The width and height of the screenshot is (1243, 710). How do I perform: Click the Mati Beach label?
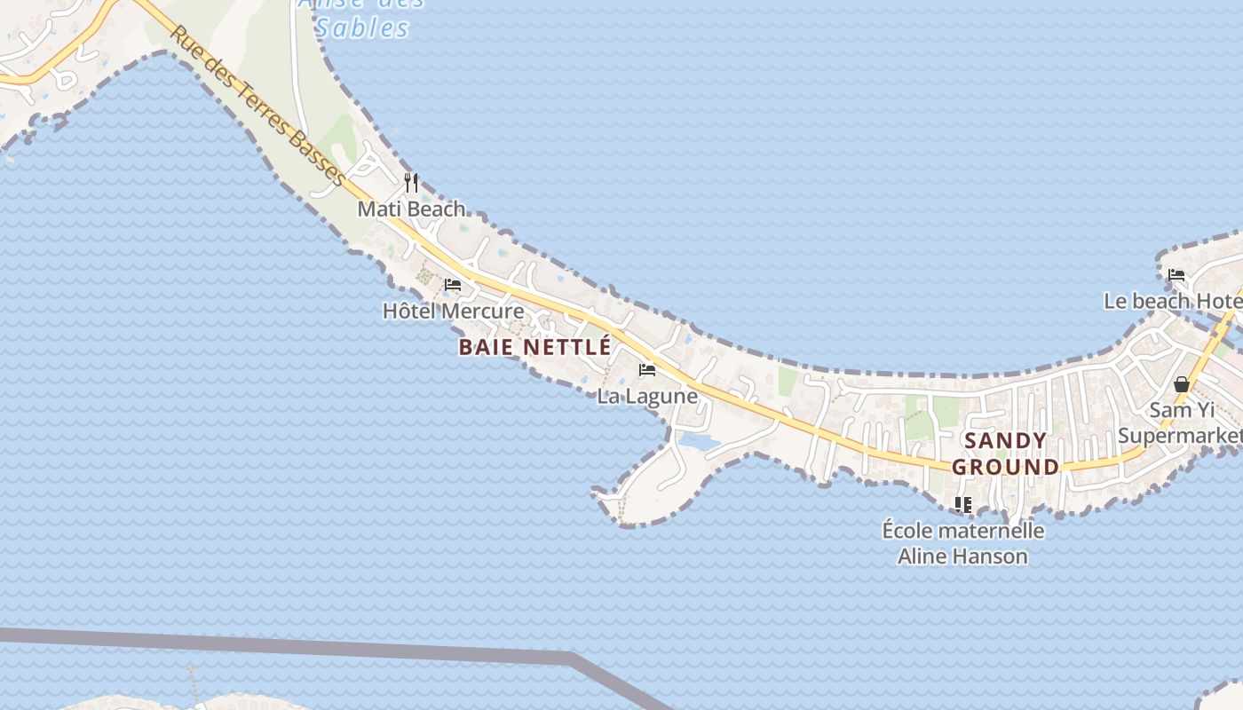pyautogui.click(x=411, y=209)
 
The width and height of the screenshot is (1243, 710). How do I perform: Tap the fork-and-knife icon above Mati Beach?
pyautogui.click(x=411, y=183)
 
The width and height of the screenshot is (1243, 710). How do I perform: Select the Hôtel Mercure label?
pyautogui.click(x=453, y=312)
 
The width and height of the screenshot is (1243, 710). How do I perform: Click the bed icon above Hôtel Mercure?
pyautogui.click(x=453, y=285)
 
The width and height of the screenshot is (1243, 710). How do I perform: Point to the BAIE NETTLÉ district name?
pyautogui.click(x=534, y=347)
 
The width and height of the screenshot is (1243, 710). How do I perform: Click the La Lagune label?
pyautogui.click(x=646, y=396)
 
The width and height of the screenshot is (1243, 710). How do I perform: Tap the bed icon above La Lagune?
pyautogui.click(x=646, y=369)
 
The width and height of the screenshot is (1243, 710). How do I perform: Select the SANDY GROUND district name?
pyautogui.click(x=1005, y=454)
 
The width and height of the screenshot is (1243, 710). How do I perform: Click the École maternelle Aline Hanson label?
pyautogui.click(x=962, y=543)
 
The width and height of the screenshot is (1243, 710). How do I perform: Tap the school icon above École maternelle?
pyautogui.click(x=962, y=505)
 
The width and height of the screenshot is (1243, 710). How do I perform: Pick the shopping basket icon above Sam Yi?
pyautogui.click(x=1181, y=384)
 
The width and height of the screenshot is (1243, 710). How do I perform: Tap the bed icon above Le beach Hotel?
pyautogui.click(x=1176, y=274)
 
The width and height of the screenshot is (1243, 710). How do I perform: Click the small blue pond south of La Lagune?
pyautogui.click(x=698, y=441)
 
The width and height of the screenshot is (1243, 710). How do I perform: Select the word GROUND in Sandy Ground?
pyautogui.click(x=1005, y=467)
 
